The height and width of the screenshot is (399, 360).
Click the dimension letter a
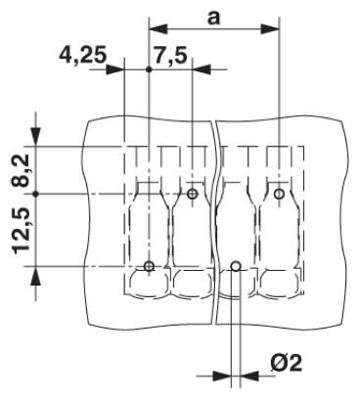(213, 18)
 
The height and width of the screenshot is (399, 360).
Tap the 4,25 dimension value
(83, 56)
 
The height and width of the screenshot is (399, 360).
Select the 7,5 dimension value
(170, 56)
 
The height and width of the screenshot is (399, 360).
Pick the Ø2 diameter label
(286, 363)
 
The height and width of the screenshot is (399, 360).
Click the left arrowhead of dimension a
(158, 29)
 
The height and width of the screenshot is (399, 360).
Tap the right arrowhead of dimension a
(270, 29)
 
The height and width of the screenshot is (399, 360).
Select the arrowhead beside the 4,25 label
(115, 69)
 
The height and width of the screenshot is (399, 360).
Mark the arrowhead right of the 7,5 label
(202, 69)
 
